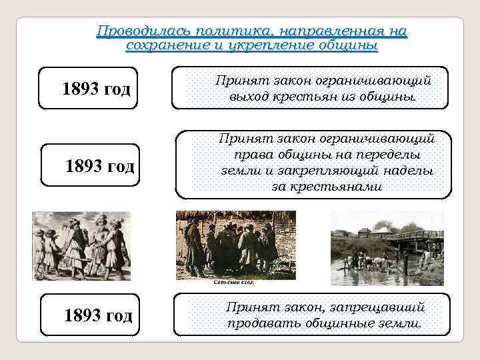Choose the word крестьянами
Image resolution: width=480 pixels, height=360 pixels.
point(327,187)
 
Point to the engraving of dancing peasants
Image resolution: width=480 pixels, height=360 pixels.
point(81,246)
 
